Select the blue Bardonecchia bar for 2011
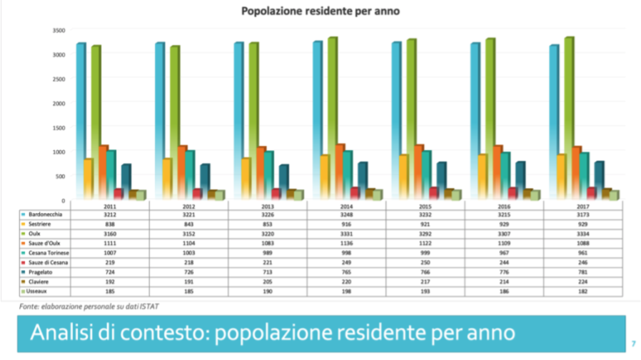[81, 121]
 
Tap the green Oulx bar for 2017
[569, 118]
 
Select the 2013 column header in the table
[268, 206]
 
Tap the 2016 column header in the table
[505, 206]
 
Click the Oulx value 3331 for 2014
[346, 234]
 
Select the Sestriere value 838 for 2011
[110, 224]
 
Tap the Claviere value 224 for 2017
[584, 282]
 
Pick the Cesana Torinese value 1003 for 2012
[188, 253]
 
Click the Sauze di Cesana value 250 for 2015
[425, 263]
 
